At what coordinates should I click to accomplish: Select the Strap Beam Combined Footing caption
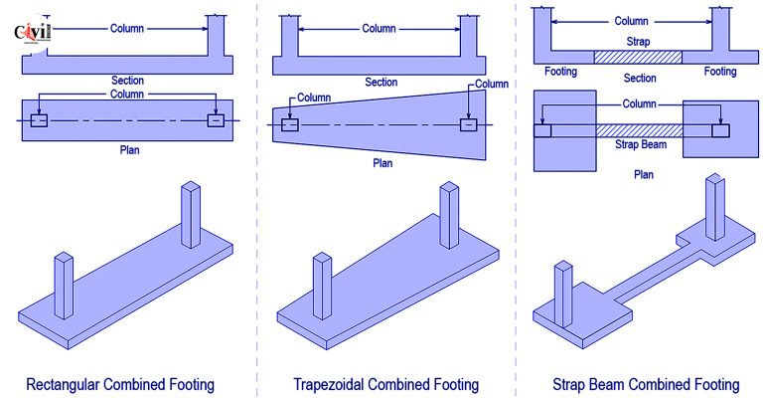(x=647, y=383)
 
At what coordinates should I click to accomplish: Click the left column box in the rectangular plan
(x=39, y=120)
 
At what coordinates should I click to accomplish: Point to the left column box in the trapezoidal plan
(x=289, y=125)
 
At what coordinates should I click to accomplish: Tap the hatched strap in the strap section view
(x=637, y=58)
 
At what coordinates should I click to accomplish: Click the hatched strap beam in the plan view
(x=637, y=130)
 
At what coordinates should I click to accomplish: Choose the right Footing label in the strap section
(x=720, y=72)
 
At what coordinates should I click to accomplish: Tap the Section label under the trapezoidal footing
(x=381, y=82)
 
